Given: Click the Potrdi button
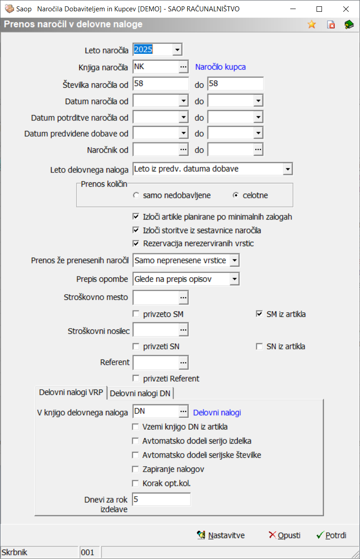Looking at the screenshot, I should pos(331,535).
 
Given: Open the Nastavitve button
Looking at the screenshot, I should pos(221,535).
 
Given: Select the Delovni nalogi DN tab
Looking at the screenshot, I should pos(140,393).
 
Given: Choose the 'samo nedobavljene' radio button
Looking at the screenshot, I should pos(136,196).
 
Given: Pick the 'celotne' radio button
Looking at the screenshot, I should pos(235,196).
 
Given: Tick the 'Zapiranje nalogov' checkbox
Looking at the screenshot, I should pos(135,469).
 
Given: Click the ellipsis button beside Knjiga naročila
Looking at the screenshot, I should pos(183,67).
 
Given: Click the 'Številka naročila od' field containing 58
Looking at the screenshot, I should pos(160,84).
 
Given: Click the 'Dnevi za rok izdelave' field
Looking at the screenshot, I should pos(161,499).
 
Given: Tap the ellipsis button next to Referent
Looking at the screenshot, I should pos(183,363).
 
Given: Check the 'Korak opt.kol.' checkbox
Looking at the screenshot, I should pos(135,483).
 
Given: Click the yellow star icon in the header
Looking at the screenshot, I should pos(312,25).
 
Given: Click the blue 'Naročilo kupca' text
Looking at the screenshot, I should pos(221,67).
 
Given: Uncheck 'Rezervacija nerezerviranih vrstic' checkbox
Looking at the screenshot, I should pos(136,244).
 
